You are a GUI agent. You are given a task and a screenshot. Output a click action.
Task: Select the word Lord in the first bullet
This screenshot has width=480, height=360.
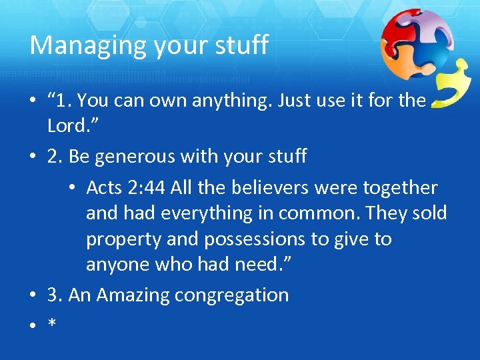coord(67,126)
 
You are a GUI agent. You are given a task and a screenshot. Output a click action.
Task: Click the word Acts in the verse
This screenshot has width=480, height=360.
coord(105,188)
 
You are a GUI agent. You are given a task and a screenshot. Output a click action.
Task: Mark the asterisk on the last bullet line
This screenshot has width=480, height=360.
coord(51,323)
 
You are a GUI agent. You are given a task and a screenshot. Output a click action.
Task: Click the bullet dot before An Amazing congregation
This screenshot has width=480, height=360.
coord(32,295)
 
